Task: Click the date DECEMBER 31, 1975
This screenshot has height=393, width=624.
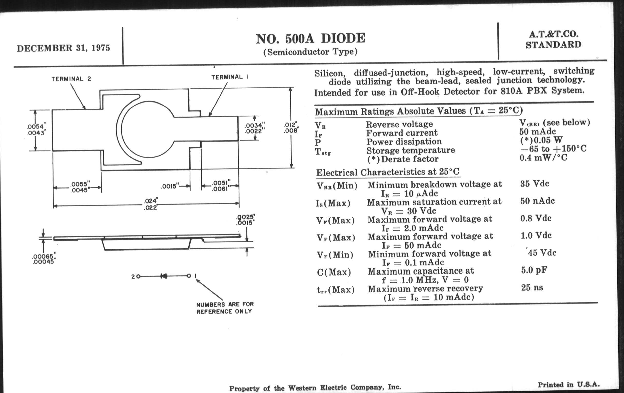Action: coord(63,48)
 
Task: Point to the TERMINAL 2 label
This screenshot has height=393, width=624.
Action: coord(71,79)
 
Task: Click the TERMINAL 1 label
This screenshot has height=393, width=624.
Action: coord(230,77)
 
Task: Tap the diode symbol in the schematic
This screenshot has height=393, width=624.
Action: coord(163,276)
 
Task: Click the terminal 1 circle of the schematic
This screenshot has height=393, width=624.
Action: coord(189,276)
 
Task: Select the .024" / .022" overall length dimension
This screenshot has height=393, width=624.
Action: coord(151,204)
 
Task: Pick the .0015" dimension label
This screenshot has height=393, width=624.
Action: coord(170,186)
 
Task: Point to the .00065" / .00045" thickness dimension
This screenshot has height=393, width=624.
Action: coord(44,259)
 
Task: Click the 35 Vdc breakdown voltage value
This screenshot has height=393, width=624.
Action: coord(534,184)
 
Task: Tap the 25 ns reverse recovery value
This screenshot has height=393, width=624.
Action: coord(532,287)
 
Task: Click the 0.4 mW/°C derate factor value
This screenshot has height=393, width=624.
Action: coord(543,157)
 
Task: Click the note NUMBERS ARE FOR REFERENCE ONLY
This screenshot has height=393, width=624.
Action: coord(225,308)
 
